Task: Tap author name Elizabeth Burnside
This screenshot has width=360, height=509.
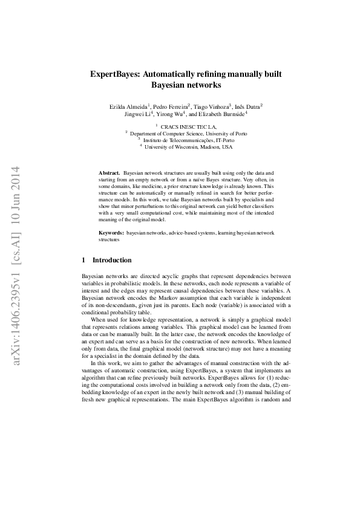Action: coord(222,114)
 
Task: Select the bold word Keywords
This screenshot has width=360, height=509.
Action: coord(111,233)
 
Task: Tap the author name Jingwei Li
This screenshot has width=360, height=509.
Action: coord(137,114)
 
